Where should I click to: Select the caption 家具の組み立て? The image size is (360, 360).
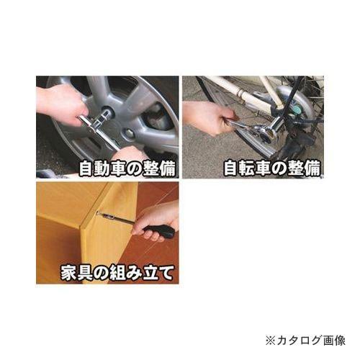point(107,274)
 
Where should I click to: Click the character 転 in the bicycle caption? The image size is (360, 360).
point(245,168)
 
